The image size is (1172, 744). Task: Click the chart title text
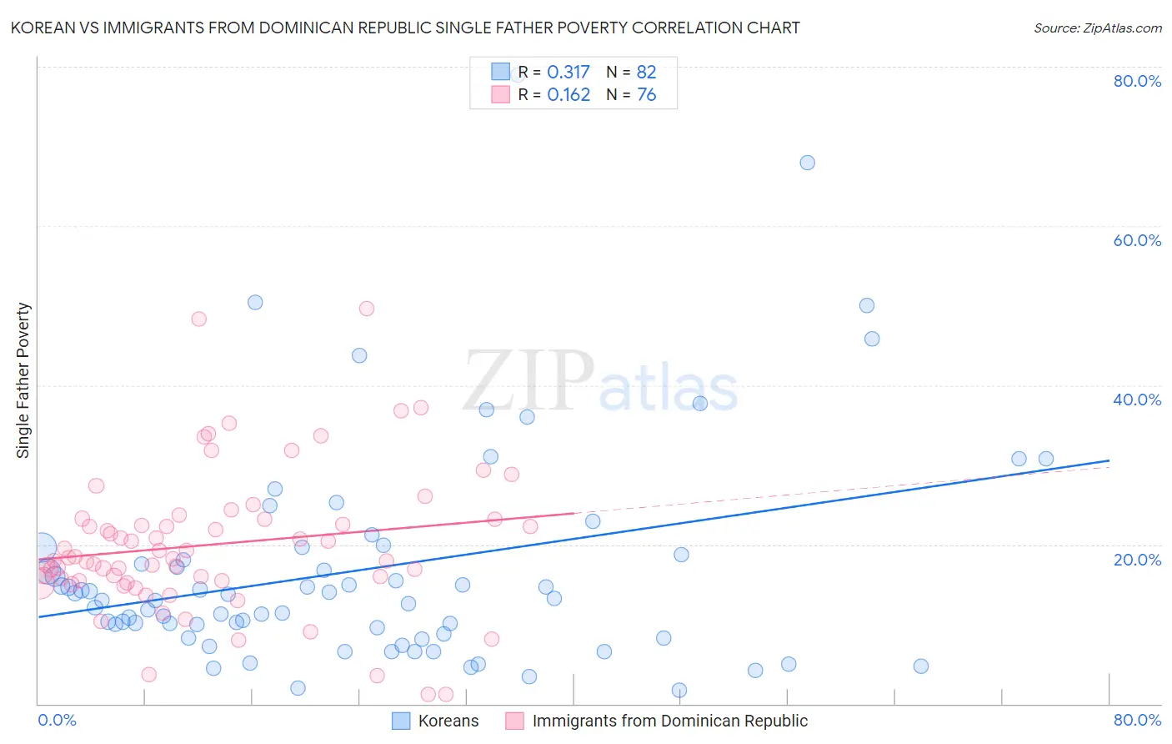tap(405, 28)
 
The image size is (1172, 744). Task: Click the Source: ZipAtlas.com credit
tap(1097, 28)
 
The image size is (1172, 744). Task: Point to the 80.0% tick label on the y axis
tap(1137, 81)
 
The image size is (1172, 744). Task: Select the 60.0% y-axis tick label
tap(1137, 240)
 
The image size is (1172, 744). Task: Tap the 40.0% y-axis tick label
tap(1137, 400)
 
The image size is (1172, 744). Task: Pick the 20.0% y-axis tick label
tap(1137, 560)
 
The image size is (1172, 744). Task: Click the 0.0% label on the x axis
tap(57, 720)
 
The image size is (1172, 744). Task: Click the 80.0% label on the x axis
tap(1137, 720)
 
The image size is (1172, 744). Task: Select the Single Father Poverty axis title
tap(23, 380)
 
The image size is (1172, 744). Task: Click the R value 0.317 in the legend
tap(568, 72)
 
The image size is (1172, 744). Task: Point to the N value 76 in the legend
tap(647, 95)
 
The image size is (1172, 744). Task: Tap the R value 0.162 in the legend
tap(568, 95)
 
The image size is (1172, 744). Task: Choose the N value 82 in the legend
tap(647, 72)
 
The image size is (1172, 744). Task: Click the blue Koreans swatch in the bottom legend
tap(401, 721)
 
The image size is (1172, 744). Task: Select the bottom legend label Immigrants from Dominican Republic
tap(669, 721)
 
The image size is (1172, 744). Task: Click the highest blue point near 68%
tap(807, 163)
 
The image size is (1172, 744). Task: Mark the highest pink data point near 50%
tap(366, 309)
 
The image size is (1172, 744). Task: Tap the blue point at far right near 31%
tap(1045, 459)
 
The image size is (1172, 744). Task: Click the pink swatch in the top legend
tap(500, 94)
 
